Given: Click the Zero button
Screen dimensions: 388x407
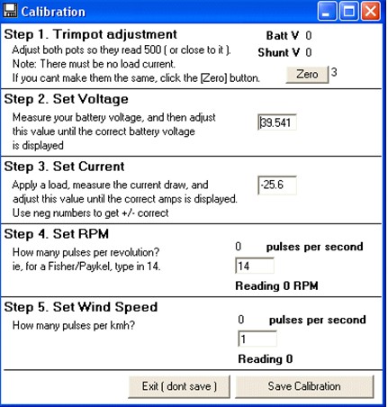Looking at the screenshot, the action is pyautogui.click(x=307, y=75).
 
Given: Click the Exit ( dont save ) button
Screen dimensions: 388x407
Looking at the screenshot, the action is pyautogui.click(x=179, y=386).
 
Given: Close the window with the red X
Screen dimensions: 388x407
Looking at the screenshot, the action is pyautogui.click(x=371, y=12).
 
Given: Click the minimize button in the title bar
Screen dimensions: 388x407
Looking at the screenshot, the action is pyautogui.click(x=327, y=12).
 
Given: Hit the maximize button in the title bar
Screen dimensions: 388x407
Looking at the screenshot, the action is pyautogui.click(x=348, y=12).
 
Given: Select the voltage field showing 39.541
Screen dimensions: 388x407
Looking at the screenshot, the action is pyautogui.click(x=277, y=122).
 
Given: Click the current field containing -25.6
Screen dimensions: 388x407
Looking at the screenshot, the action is pyautogui.click(x=277, y=185).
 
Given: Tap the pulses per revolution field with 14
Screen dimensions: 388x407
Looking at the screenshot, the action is pyautogui.click(x=255, y=266).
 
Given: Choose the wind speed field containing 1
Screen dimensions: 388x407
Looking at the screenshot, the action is pyautogui.click(x=257, y=339).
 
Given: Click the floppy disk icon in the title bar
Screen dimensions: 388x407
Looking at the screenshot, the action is pyautogui.click(x=10, y=11).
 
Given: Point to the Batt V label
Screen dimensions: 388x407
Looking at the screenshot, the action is pyautogui.click(x=283, y=36).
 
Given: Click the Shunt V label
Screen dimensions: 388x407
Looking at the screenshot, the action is pyautogui.click(x=279, y=52).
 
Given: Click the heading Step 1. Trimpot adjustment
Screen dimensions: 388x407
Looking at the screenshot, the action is pyautogui.click(x=90, y=34).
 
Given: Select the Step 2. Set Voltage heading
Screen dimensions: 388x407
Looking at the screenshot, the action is pyautogui.click(x=67, y=99).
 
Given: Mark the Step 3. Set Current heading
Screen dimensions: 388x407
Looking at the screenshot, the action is pyautogui.click(x=64, y=167).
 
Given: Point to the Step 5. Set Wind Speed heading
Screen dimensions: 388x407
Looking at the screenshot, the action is pyautogui.click(x=81, y=307).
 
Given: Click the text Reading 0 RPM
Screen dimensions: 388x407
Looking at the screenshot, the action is pyautogui.click(x=276, y=285).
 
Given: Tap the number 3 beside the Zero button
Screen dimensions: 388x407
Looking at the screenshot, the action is pyautogui.click(x=334, y=72).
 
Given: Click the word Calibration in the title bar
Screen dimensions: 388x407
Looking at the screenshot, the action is pyautogui.click(x=53, y=12).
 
